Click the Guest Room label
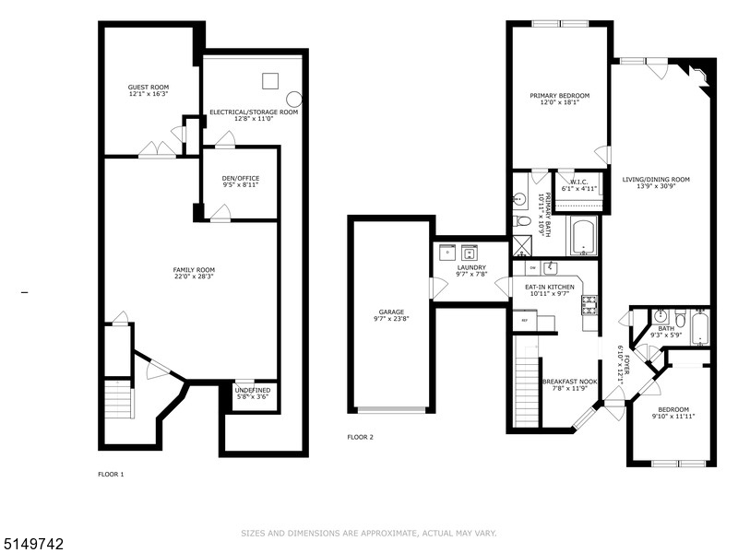tap(148, 90)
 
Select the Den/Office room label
tap(241, 182)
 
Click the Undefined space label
tap(252, 394)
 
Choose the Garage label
tap(391, 316)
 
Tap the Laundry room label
tap(471, 271)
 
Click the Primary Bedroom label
tap(559, 99)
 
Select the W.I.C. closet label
tap(579, 184)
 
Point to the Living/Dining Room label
tap(656, 182)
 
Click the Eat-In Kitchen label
tap(550, 290)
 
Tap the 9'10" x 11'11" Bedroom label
tap(673, 413)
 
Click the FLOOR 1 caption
tap(111, 474)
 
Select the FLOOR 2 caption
tap(360, 437)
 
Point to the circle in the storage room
tap(293, 98)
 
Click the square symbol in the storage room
tap(269, 80)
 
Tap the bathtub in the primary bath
tap(583, 237)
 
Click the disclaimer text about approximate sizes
tap(368, 533)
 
